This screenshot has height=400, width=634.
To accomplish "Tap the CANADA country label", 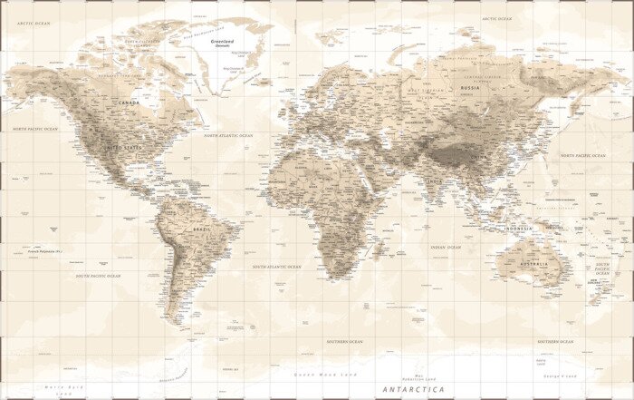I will click(x=128, y=102).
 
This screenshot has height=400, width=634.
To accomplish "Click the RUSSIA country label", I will click(x=470, y=88).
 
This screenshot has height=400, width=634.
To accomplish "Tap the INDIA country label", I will click(x=435, y=181).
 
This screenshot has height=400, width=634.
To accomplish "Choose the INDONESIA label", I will click(x=519, y=228).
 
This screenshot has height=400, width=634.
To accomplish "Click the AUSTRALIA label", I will click(x=534, y=263).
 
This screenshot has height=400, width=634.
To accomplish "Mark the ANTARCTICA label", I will click(x=414, y=388).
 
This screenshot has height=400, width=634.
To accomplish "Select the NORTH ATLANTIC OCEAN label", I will click(x=228, y=135).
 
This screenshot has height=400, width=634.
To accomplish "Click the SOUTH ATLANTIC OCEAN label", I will click(x=276, y=267).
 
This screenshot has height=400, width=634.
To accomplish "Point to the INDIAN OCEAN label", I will click(x=446, y=247).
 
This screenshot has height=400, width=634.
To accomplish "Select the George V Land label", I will click(x=560, y=375).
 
